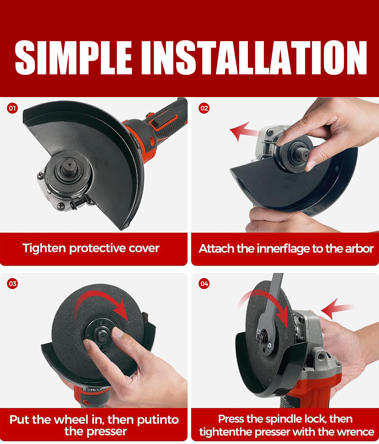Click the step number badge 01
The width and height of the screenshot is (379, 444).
pos(12,108)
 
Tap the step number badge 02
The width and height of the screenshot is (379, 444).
pos(204,108)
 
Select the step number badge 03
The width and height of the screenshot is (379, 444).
pos(12,284)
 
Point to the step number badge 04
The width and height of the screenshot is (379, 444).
pos(204,284)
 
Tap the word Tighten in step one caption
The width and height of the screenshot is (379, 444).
pos(44,248)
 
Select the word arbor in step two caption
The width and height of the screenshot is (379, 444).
pos(359,249)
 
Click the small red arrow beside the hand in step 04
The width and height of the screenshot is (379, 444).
pos(335,308)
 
